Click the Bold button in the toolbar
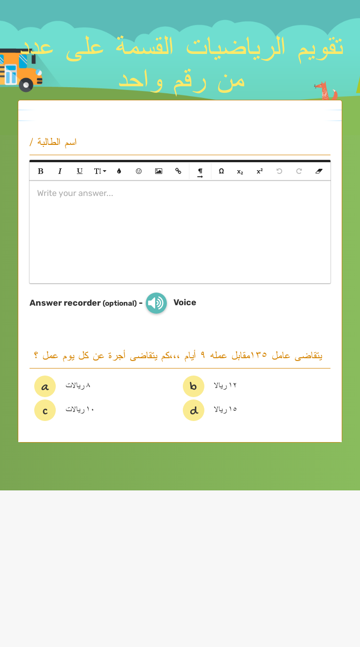[41, 171]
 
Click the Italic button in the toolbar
[60, 171]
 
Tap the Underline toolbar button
[80, 171]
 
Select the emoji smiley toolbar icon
[139, 171]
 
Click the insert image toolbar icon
[158, 171]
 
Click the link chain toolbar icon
[178, 171]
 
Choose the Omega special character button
[221, 171]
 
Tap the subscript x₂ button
[240, 172]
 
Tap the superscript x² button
[260, 171]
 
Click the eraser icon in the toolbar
[319, 171]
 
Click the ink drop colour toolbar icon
[119, 171]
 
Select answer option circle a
[45, 386]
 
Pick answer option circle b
[194, 386]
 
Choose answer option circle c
[45, 410]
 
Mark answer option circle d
[194, 410]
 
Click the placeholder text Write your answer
[75, 193]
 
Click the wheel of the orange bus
[26, 85]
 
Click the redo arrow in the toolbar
[299, 171]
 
